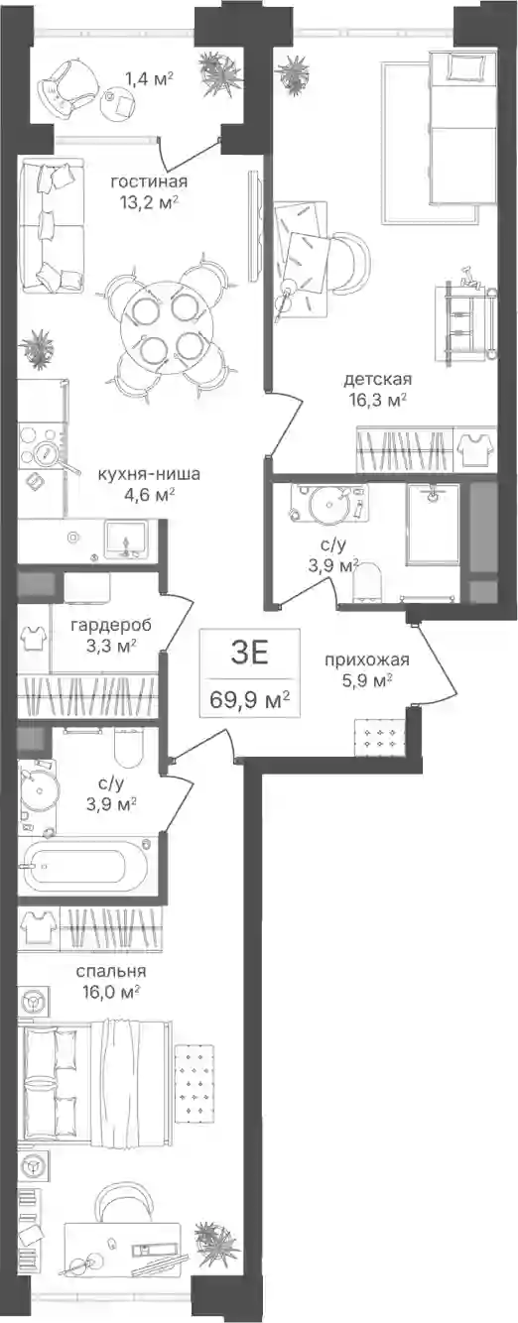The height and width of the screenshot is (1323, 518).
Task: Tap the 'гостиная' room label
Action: [149, 181]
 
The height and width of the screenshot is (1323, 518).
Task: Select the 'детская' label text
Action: [377, 379]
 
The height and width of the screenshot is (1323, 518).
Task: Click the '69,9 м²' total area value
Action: [250, 701]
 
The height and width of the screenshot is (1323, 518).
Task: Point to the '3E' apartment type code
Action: [250, 654]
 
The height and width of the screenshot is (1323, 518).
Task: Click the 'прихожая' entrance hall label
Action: [367, 660]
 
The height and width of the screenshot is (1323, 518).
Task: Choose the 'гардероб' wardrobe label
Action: [111, 625]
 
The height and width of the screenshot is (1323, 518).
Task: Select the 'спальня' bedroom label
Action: [111, 971]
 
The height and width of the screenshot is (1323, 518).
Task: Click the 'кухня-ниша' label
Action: [149, 474]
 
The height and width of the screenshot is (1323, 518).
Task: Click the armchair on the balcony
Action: [67, 82]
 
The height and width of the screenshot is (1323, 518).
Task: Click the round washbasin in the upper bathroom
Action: [327, 502]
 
